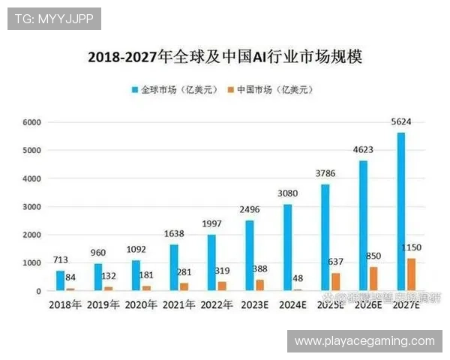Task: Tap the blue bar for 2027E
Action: tap(401, 211)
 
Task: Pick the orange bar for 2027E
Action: tap(412, 274)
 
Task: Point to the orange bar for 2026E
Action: tap(373, 278)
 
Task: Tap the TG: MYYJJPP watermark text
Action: tap(54, 18)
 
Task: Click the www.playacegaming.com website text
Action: tap(364, 341)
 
